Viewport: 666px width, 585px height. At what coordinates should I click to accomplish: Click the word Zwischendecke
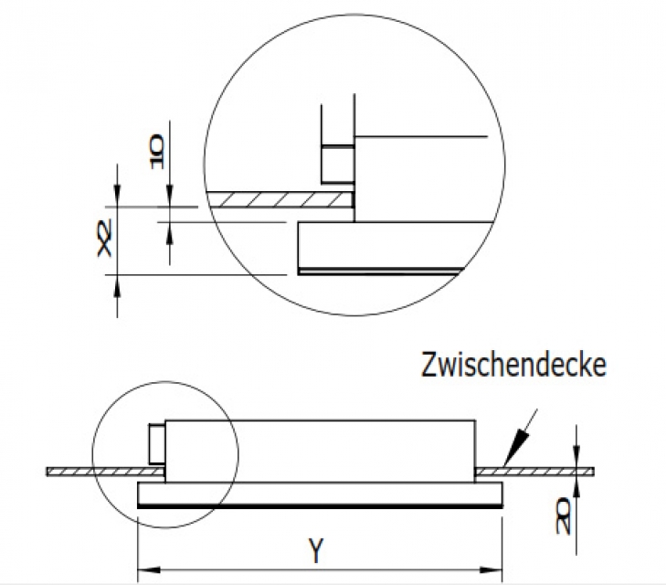[x=513, y=365]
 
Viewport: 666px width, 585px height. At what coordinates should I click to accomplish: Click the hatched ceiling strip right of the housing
[x=534, y=471]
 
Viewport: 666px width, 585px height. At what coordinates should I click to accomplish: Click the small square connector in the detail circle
[x=335, y=165]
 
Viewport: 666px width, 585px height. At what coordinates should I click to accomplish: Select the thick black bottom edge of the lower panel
[x=320, y=505]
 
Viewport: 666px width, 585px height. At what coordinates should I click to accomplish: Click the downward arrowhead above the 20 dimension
[x=576, y=462]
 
